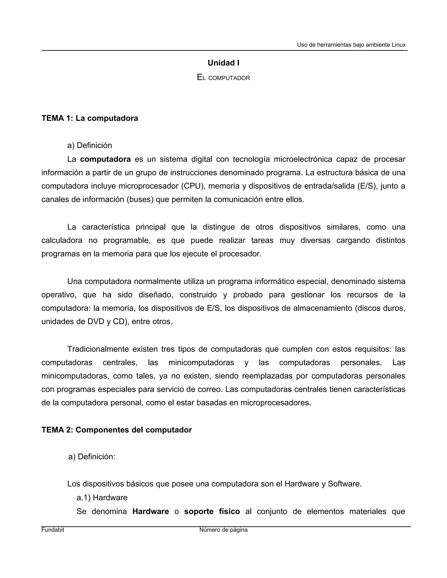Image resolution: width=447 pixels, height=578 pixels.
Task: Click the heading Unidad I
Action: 223,63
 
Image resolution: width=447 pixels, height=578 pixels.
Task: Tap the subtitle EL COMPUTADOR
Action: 223,78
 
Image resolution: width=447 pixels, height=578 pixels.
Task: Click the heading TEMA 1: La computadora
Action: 90,118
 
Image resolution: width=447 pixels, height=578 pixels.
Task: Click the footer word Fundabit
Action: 53,530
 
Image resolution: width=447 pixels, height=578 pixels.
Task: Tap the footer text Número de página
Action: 223,530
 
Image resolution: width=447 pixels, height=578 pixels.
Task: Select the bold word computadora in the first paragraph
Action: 105,159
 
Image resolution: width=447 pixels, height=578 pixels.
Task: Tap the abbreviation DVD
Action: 96,321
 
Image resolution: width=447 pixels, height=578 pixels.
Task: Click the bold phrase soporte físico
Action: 212,511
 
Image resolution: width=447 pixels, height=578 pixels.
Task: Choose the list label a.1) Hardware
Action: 102,498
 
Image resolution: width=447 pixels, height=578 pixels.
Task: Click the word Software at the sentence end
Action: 344,484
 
